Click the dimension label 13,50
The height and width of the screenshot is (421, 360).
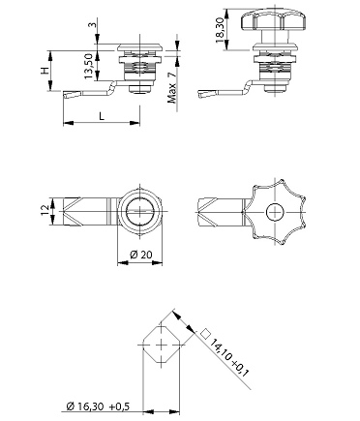click(x=89, y=66)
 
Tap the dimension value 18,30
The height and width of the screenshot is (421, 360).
click(x=221, y=31)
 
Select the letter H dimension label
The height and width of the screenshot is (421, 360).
click(x=45, y=71)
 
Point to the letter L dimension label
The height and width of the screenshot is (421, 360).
click(x=102, y=116)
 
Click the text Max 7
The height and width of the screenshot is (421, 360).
click(x=172, y=87)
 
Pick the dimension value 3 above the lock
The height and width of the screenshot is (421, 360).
click(x=94, y=24)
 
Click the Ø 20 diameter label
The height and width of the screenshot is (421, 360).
click(x=141, y=255)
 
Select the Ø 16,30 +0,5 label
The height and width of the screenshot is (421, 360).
click(x=98, y=406)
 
